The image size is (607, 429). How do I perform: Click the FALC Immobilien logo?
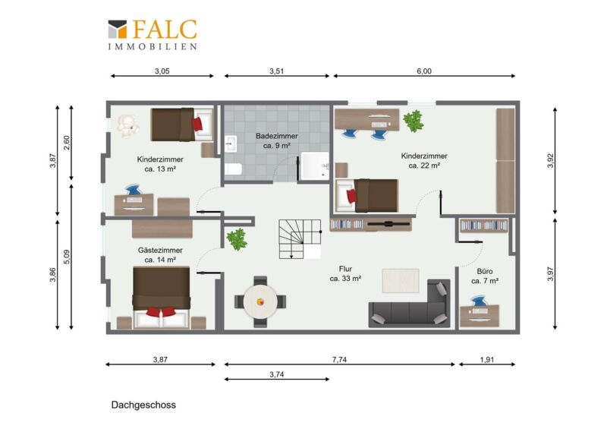click(153, 35)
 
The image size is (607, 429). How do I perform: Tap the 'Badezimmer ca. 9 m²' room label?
click(276, 140)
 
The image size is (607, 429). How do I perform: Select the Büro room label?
click(485, 276)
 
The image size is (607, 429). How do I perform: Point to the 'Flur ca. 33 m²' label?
click(345, 273)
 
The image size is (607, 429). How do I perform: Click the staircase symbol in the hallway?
click(300, 239)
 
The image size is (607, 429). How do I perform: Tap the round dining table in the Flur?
click(260, 301)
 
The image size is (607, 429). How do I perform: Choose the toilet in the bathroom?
click(234, 169)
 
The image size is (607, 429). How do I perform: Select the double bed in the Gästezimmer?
click(162, 297)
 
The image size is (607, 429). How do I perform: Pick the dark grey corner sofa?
click(410, 304)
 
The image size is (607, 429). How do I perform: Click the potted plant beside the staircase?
click(237, 238)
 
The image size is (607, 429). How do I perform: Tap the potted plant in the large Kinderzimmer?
click(414, 121)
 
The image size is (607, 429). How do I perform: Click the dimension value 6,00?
click(424, 71)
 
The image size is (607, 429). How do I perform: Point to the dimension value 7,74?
click(339, 360)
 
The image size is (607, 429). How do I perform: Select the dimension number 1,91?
click(487, 360)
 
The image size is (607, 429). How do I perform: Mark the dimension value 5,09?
click(67, 257)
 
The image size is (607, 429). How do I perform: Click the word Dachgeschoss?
click(143, 405)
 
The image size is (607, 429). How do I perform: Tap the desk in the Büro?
click(480, 316)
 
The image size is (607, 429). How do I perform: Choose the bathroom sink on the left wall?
click(231, 144)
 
